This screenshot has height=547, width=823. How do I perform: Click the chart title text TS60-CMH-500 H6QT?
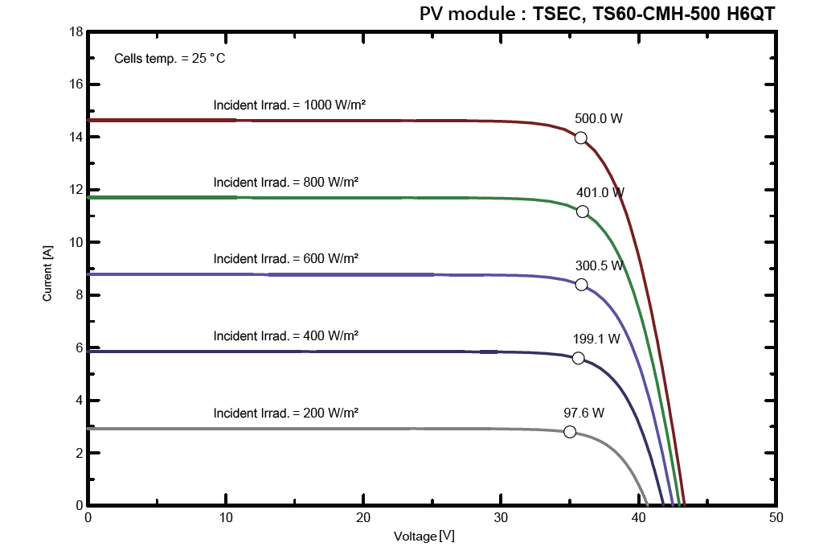click(655, 14)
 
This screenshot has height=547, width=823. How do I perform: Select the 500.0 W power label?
click(599, 118)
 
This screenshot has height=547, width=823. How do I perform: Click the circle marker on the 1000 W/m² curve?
click(581, 138)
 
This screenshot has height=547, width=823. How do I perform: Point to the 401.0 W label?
click(600, 192)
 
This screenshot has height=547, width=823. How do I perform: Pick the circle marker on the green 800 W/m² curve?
click(583, 212)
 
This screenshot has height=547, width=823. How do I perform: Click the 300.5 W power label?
click(600, 265)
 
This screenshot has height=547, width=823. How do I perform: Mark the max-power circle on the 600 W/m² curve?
click(581, 285)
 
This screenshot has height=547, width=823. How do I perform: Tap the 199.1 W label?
click(596, 339)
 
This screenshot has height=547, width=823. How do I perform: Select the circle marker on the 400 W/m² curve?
click(578, 358)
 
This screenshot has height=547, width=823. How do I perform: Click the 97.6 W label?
click(583, 413)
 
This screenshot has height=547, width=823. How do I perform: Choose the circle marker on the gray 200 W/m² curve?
click(570, 432)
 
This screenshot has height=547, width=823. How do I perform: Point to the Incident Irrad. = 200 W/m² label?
click(285, 413)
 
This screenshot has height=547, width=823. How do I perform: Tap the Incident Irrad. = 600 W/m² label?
click(285, 258)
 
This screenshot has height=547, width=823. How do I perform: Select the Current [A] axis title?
click(47, 274)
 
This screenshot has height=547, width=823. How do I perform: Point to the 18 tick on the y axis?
click(76, 32)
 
